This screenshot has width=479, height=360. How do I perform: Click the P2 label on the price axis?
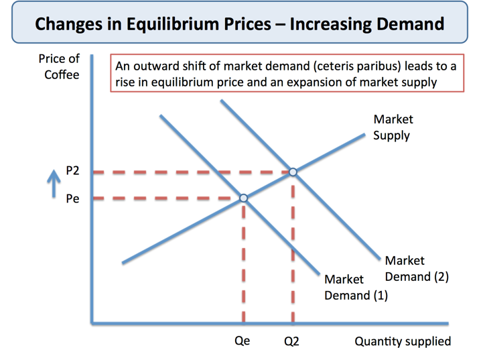[x=72, y=172]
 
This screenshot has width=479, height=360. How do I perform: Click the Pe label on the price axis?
[x=72, y=198]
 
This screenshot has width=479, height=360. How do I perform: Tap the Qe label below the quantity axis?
[x=242, y=341]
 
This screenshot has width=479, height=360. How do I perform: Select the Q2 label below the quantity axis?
[x=291, y=341]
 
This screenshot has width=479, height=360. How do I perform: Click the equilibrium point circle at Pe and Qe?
[x=243, y=198]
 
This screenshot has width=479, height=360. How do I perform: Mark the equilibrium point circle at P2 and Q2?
[x=293, y=172]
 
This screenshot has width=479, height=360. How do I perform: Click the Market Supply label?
[x=393, y=127]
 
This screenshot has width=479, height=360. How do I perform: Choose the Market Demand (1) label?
[x=355, y=287]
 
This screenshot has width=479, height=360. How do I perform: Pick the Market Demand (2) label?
[x=415, y=268]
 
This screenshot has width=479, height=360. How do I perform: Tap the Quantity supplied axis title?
[x=403, y=341]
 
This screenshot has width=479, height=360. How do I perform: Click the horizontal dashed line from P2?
[x=188, y=172]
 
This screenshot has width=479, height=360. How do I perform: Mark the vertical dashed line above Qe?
[x=243, y=268]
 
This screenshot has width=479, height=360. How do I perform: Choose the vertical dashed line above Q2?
[x=293, y=255]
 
